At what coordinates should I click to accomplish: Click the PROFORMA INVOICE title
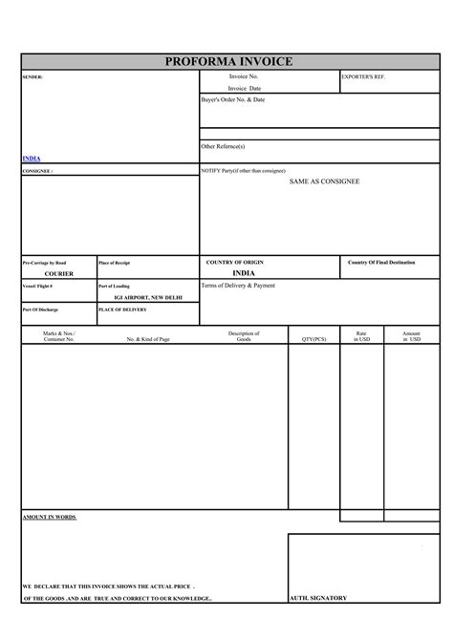228,62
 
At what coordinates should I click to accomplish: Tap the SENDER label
33,76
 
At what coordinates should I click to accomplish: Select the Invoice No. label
244,75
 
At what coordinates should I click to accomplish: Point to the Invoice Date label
245,88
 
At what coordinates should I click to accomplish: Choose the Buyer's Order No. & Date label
233,99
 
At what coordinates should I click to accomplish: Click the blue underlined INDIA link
32,158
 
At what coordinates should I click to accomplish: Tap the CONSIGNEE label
37,171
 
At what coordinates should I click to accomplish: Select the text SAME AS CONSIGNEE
324,181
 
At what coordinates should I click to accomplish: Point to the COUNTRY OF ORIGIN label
235,262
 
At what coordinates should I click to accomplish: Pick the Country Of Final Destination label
381,262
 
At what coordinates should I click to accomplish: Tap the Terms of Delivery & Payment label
238,286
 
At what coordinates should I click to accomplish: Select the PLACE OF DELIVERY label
122,309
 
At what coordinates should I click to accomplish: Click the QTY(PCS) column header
313,339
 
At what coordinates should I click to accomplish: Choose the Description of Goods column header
244,336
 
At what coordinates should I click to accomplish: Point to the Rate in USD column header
361,336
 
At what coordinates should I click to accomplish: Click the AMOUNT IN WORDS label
49,517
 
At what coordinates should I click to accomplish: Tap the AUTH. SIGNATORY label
318,598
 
